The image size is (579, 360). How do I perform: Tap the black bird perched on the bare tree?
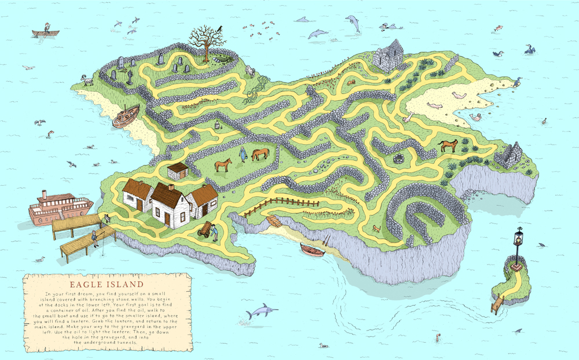[220, 27]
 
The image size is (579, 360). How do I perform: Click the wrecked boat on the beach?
[126, 116]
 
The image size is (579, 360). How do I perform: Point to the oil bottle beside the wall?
[218, 124]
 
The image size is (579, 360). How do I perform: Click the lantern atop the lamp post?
[518, 237]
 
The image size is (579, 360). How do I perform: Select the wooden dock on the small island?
[496, 303]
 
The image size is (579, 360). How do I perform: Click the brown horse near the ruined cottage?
[448, 146]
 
